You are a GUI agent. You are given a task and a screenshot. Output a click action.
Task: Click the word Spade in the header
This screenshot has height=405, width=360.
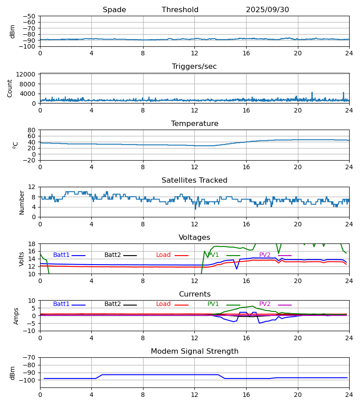(114, 10)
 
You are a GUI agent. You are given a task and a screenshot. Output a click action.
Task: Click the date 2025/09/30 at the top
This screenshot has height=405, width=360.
(267, 10)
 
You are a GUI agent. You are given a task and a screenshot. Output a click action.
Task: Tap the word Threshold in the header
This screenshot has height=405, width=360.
(180, 10)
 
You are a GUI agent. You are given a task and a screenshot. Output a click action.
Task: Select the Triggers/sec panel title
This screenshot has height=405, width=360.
(194, 67)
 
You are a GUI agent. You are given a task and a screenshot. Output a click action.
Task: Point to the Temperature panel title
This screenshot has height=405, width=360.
(194, 124)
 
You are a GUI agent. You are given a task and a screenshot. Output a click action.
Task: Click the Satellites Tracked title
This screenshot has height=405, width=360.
(194, 180)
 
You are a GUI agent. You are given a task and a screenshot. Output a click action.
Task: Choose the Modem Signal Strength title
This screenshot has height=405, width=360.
(194, 351)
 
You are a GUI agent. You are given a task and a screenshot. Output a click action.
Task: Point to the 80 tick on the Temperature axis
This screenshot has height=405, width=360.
(32, 130)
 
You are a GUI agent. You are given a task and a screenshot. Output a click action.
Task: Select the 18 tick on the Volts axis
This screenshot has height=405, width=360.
(32, 244)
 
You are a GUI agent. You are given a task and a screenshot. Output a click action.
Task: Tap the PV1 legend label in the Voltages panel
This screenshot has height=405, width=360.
(213, 255)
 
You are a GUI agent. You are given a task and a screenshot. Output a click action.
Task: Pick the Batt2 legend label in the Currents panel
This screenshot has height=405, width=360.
(112, 304)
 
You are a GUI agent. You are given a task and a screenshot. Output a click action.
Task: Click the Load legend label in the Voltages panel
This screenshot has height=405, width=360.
(163, 255)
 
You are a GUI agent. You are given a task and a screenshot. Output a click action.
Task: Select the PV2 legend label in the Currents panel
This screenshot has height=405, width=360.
(265, 304)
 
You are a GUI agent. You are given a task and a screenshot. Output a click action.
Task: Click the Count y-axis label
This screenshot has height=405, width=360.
(10, 88)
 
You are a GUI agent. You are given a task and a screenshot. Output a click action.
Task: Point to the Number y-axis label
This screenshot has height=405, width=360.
(22, 202)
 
